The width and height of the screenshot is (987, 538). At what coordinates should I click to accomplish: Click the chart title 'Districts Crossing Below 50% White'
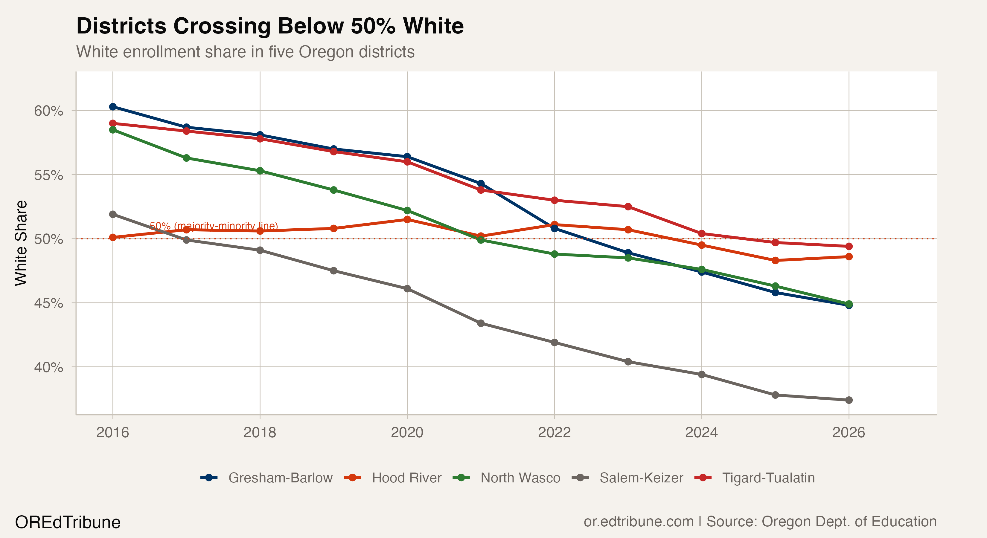(270, 26)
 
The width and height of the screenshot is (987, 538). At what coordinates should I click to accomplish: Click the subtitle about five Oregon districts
(245, 52)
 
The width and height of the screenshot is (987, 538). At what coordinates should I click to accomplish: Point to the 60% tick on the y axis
(49, 111)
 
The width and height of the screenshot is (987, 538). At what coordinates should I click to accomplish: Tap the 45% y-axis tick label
(49, 303)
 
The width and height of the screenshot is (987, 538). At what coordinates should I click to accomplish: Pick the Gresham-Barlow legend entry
(280, 478)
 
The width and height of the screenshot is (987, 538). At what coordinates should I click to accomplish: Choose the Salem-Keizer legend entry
(641, 478)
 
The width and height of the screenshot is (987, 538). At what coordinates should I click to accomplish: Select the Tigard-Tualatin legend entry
(768, 478)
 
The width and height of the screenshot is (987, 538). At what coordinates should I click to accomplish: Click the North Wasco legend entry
(520, 478)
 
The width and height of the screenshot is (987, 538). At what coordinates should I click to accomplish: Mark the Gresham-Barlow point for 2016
(113, 107)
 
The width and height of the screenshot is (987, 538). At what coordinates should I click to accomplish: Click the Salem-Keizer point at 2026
(849, 400)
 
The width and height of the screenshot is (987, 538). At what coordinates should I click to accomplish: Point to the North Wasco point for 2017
(186, 158)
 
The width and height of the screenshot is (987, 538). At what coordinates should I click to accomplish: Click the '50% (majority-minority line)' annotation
(214, 226)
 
